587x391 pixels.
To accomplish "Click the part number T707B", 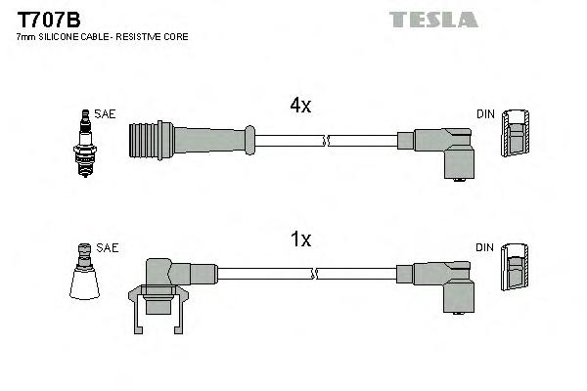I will tap(43, 18).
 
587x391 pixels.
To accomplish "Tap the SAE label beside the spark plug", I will tap(106, 114).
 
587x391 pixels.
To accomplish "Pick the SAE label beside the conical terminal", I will tap(109, 248).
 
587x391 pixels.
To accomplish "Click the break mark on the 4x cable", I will tap(327, 141).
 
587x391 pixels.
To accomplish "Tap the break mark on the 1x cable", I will tap(327, 274).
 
